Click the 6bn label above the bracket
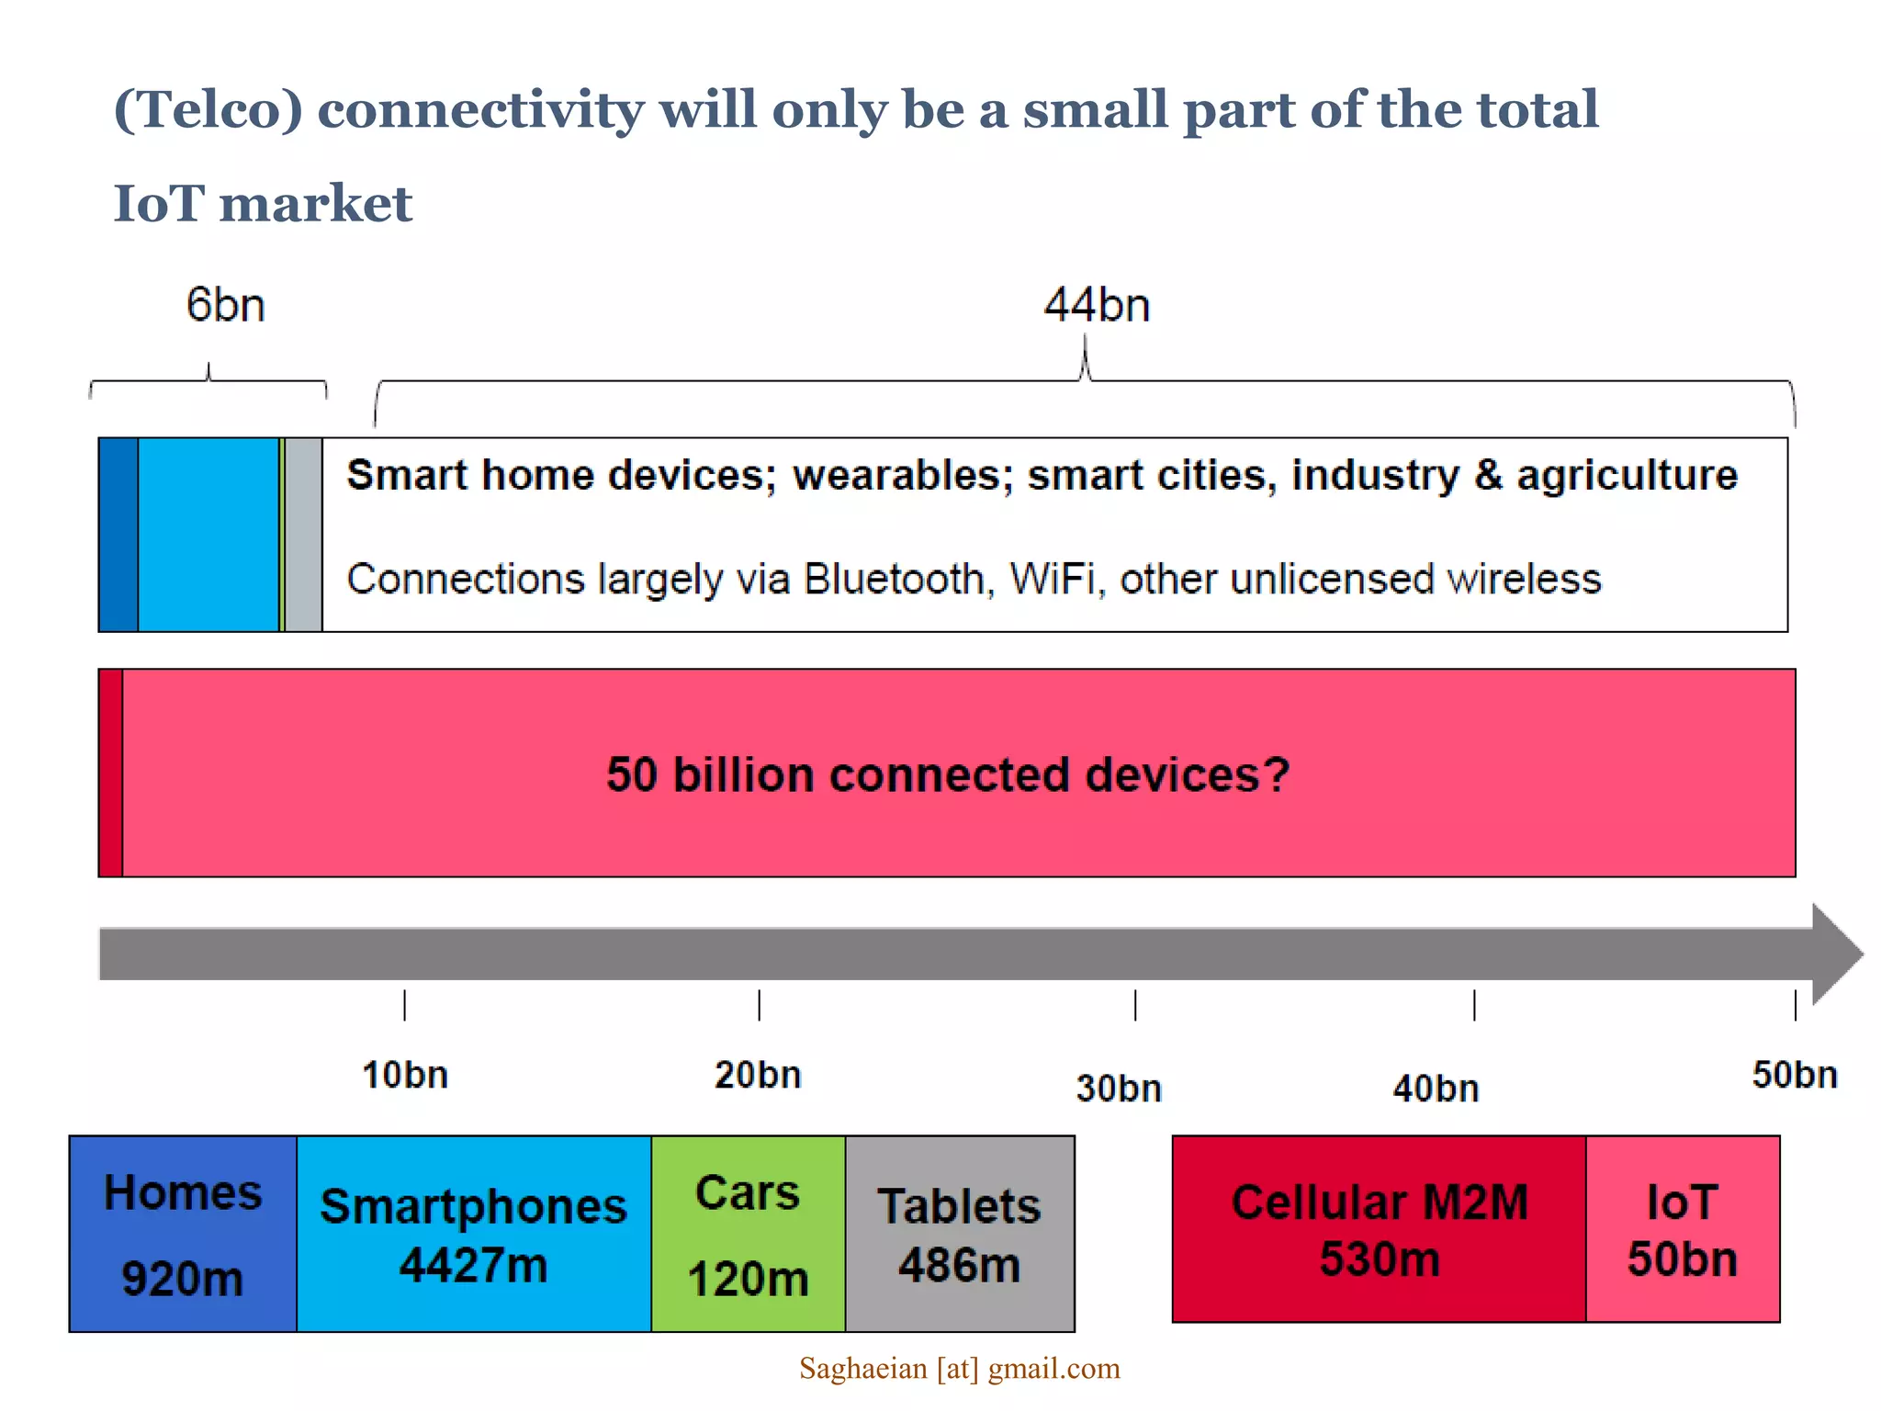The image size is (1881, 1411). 225,305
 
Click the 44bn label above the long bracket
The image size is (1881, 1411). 1097,305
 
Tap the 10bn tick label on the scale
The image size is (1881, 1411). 405,1075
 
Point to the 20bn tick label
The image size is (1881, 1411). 758,1075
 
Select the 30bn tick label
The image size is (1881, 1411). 1119,1089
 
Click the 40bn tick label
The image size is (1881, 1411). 1436,1089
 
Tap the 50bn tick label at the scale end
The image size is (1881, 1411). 1794,1075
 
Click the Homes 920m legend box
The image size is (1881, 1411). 183,1234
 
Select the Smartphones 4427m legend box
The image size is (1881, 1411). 473,1234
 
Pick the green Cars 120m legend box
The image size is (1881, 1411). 748,1234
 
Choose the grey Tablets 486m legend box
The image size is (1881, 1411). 959,1234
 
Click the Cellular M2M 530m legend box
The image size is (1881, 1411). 1379,1229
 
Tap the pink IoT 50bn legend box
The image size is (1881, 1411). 1682,1229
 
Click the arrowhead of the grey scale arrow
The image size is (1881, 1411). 1835,954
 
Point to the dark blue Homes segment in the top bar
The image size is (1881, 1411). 118,535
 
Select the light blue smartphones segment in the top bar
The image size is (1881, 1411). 208,535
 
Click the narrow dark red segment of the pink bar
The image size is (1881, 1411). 110,773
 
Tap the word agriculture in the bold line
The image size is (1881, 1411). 1627,476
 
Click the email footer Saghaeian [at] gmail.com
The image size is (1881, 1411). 959,1369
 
